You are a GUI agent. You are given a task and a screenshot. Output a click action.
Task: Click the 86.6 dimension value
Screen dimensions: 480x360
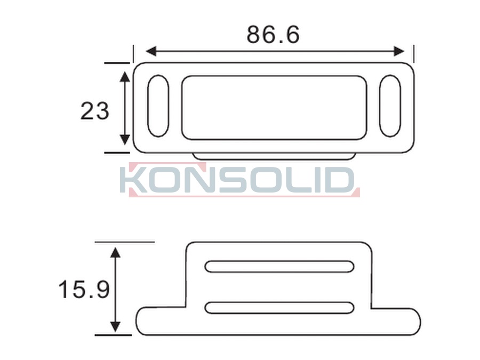pos(273,35)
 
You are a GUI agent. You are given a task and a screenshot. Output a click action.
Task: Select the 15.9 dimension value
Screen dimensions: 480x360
pos(84,289)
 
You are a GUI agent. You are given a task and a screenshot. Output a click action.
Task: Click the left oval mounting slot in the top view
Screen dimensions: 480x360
pos(158,106)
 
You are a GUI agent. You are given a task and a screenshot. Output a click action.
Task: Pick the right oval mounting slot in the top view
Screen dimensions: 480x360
pos(390,106)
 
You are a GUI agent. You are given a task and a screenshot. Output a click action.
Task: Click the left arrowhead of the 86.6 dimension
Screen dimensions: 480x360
pos(151,51)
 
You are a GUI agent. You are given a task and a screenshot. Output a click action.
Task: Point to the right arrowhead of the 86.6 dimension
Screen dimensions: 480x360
pos(399,51)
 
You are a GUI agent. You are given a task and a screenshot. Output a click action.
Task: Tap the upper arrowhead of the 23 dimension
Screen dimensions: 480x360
pos(124,77)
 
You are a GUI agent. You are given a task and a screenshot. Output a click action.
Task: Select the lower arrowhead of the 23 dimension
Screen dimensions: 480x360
pos(124,140)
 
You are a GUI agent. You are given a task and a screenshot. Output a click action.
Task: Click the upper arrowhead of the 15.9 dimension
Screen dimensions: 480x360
pos(115,253)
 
